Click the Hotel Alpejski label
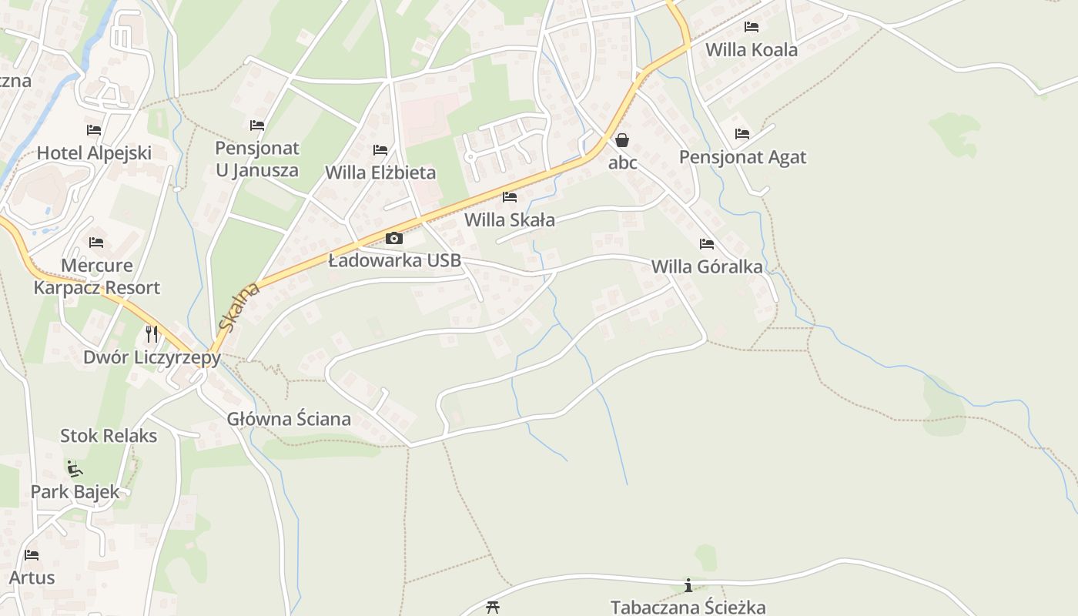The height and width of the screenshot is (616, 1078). [x=94, y=152]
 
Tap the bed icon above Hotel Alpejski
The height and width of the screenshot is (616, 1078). [x=94, y=129]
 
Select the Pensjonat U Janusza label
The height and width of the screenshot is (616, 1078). [x=257, y=159]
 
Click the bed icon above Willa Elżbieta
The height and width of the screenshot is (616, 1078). [x=380, y=149]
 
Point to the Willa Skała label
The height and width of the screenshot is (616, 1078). [x=510, y=220]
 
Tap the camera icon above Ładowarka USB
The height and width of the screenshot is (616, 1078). [x=394, y=238]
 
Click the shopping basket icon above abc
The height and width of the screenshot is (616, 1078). [x=622, y=140]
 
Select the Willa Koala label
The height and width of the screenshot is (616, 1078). [x=752, y=50]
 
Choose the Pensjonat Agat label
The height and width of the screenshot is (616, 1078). [x=742, y=157]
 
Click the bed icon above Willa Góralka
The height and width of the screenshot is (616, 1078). [x=707, y=244]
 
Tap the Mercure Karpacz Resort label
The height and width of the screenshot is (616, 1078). [x=97, y=276]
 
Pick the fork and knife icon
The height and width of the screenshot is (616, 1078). [x=152, y=333]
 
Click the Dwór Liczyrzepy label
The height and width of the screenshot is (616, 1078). [x=152, y=357]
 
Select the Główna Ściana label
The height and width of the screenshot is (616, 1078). [x=289, y=420]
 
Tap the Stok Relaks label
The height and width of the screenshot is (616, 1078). [x=109, y=436]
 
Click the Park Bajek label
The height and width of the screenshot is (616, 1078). [x=75, y=491]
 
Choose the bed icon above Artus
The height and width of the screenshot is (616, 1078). [x=32, y=554]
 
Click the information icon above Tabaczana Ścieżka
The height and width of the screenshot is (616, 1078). [x=688, y=585]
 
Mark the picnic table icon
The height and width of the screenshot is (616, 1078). [x=493, y=608]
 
